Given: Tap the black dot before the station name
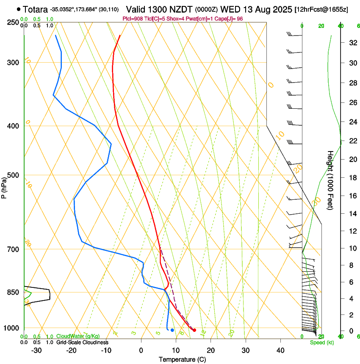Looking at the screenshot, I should [x=19, y=9].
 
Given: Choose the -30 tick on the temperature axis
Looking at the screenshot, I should [x=36, y=350].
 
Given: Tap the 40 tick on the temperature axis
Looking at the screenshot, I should [x=280, y=350].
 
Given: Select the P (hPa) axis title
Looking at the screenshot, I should [x=4, y=187].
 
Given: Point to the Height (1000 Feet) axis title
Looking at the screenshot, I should [x=330, y=180].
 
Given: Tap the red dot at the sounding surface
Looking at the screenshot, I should [x=194, y=330].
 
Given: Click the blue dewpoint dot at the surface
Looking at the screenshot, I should [x=172, y=330].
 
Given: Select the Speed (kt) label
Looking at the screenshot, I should [x=322, y=342].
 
